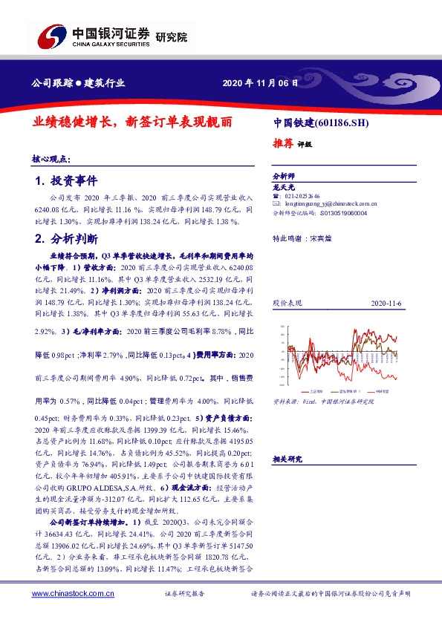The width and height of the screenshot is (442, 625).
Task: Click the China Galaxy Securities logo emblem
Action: point(51,36)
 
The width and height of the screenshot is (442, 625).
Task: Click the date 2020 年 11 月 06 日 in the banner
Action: point(260,83)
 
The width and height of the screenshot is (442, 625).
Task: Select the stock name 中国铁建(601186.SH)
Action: point(321,122)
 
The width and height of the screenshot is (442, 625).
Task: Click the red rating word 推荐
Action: point(283,145)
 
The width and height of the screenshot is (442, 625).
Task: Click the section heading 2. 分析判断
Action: point(66,238)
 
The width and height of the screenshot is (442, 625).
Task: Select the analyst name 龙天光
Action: point(285,188)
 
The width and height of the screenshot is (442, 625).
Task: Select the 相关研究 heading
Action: point(288,459)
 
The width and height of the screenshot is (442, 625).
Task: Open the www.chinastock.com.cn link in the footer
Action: point(72,594)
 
